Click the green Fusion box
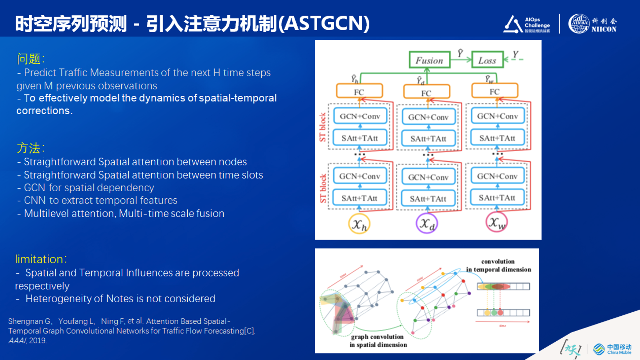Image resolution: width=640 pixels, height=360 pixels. pos(429,60)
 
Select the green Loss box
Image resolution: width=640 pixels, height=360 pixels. pos(487,60)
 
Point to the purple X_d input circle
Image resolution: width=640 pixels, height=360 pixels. pos(427,224)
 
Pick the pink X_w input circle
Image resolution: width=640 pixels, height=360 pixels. pos(496,222)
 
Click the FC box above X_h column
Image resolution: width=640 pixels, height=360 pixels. pos(359,92)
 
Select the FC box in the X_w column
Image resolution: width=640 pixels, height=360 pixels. pos(495,91)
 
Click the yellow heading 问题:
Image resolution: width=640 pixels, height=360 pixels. pos(31,59)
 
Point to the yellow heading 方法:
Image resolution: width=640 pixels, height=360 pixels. pos(31,148)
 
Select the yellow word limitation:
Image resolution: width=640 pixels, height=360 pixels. pos(41,259)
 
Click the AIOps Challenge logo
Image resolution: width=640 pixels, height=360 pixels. pos(527,24)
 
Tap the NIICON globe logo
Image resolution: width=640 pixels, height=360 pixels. pos(579,24)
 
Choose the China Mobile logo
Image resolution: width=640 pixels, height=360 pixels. pos(612,349)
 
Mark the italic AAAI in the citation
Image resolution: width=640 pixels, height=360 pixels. pos(17,340)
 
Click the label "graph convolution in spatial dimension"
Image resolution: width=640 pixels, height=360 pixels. pos(378,341)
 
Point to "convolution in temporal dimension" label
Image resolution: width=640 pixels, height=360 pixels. pos(498,265)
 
